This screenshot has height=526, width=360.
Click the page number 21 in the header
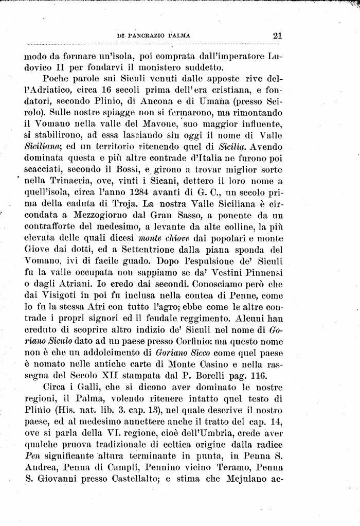point(278,36)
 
